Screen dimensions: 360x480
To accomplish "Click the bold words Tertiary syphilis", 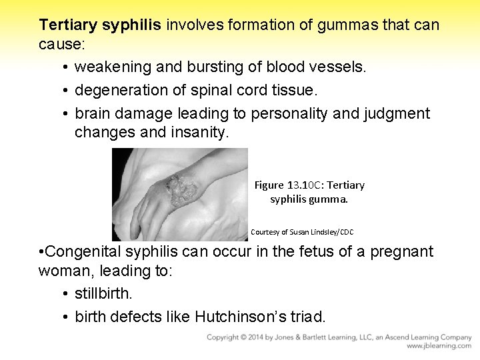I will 100,25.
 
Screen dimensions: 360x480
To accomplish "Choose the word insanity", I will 199,132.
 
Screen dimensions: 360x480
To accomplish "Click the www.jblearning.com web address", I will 439,347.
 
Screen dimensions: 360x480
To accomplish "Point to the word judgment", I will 397,113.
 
